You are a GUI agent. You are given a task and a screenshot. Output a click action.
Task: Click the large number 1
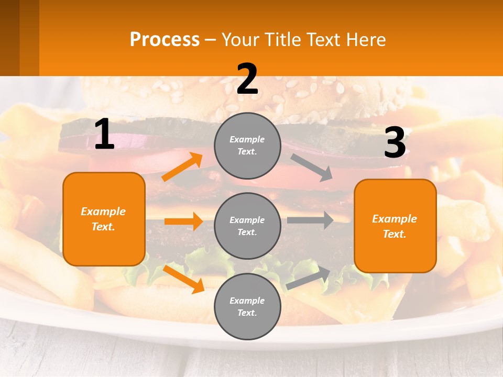pos(104,135)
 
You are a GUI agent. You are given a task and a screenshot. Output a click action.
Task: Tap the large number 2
pos(247,79)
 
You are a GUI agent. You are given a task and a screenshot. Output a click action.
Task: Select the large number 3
pos(395,143)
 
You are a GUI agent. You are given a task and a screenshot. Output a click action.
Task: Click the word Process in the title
pos(165,39)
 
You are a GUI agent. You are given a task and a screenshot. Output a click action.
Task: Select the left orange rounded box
pos(104,219)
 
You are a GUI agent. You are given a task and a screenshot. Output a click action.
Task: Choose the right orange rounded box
pos(395,226)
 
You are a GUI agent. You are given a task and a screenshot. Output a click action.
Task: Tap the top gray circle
pos(247,145)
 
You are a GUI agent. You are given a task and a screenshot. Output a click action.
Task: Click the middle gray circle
pos(247,226)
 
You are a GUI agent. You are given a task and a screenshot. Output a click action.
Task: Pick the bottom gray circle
pos(247,306)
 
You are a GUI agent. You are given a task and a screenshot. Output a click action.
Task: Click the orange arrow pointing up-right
pos(182,167)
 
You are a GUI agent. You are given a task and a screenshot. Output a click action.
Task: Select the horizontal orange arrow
pos(183,221)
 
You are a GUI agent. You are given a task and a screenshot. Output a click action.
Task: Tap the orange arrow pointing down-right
pos(184,279)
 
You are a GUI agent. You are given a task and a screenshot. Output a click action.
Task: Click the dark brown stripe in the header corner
pos(9,38)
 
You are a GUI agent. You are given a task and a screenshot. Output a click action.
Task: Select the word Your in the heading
pos(239,39)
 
